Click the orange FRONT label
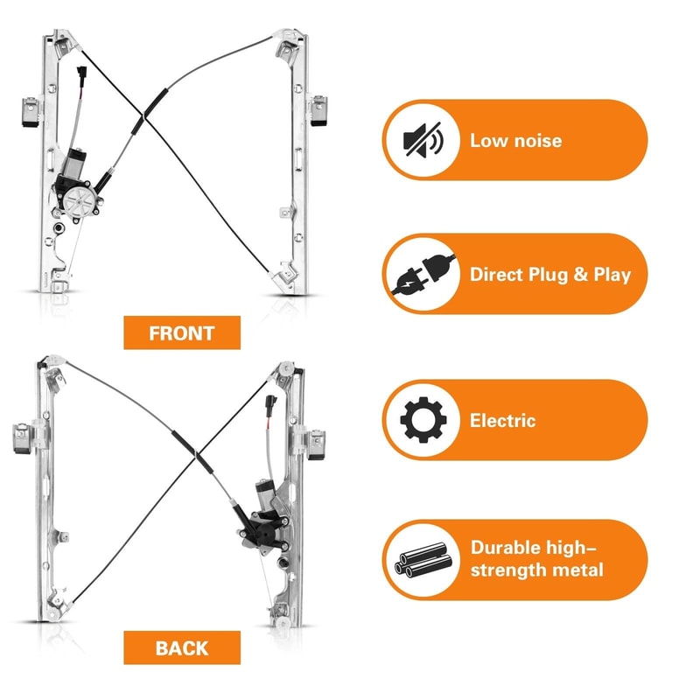point(181,333)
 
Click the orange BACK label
point(181,648)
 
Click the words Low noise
point(515,140)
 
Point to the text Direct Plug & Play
point(549,274)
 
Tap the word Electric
point(502,421)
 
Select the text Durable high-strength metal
point(536,559)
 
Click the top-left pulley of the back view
point(51,365)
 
